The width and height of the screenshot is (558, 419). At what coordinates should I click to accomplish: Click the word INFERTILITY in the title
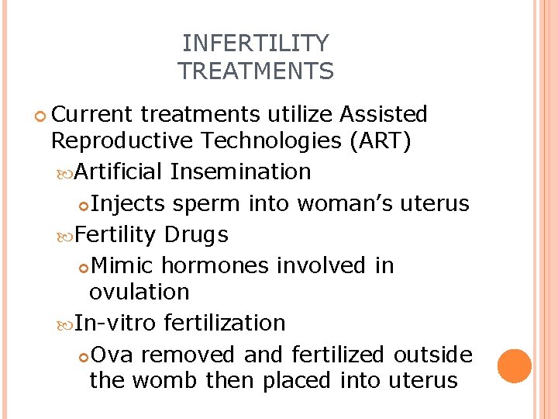[256, 43]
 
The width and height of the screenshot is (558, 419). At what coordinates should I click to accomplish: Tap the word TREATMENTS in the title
[256, 71]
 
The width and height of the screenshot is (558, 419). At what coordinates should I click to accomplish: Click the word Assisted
[384, 115]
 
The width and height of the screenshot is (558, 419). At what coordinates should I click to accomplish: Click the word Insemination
[241, 171]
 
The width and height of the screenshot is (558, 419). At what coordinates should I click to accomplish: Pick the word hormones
[215, 265]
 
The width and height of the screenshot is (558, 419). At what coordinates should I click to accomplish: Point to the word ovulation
[139, 292]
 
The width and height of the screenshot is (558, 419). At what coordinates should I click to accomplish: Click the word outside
[432, 355]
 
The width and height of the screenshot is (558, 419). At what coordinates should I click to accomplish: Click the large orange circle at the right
[515, 366]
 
